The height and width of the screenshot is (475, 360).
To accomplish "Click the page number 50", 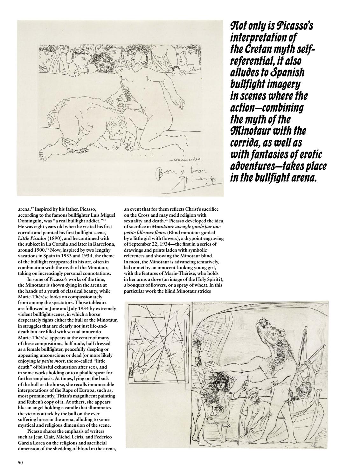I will [20, 463].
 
